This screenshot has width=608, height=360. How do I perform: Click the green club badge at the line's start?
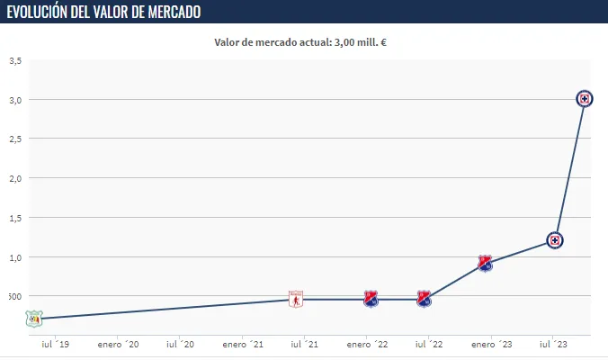34,318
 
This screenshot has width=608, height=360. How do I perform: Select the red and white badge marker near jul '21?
296,300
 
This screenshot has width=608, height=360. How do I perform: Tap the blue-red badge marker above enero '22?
371,299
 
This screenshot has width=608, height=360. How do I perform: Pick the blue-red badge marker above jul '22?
424,299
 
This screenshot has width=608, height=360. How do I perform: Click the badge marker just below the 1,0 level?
485,263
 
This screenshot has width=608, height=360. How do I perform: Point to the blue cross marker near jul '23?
555,240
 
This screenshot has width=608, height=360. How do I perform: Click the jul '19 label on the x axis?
55,345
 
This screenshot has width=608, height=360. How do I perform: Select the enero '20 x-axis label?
119,345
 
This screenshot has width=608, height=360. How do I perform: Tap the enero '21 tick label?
243,345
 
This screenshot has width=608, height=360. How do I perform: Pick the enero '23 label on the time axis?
492,345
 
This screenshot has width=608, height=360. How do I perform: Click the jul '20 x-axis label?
181,345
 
